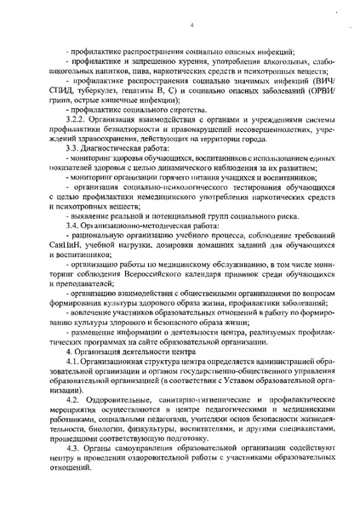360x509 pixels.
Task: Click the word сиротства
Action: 159,112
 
